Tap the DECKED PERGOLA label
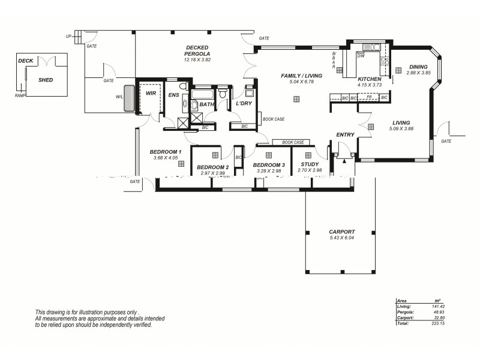pyautogui.click(x=197, y=51)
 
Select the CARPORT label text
pyautogui.click(x=341, y=232)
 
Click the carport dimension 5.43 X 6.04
pyautogui.click(x=341, y=238)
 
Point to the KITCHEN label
pyautogui.click(x=369, y=79)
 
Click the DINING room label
pyautogui.click(x=418, y=67)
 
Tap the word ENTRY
pyautogui.click(x=345, y=134)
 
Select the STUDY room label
pyautogui.click(x=310, y=164)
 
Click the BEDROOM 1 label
pyautogui.click(x=165, y=152)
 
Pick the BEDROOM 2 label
pyautogui.click(x=212, y=167)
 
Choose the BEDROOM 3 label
pyautogui.click(x=268, y=164)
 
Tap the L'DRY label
pyautogui.click(x=244, y=104)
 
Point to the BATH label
pyautogui.click(x=206, y=104)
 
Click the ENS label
pyautogui.click(x=173, y=95)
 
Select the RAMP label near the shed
pyautogui.click(x=20, y=95)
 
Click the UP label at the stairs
pyautogui.click(x=68, y=37)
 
